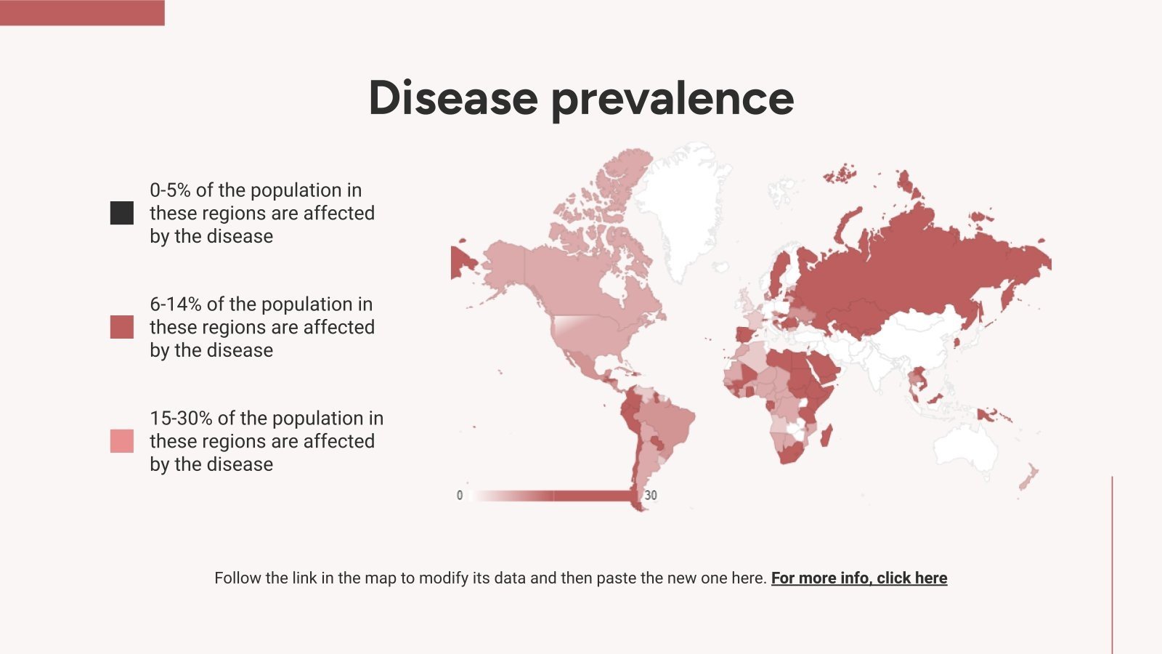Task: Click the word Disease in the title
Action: pos(453,98)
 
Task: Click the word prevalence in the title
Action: pos(673,101)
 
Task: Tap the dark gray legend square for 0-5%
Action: pos(122,213)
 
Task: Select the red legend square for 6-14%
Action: pos(122,327)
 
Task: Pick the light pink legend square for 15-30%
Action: pos(122,441)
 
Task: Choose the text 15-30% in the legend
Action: pos(181,419)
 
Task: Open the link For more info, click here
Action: pos(859,578)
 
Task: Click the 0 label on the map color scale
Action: pos(460,496)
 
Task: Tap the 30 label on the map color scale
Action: pos(651,496)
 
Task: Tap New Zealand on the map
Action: pos(1028,477)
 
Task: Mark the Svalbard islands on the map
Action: pos(840,174)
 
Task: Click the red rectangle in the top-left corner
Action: pos(82,12)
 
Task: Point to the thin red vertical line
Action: pos(1112,565)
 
